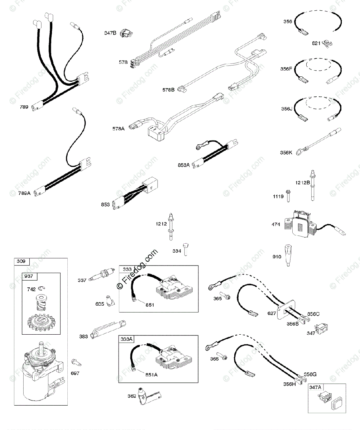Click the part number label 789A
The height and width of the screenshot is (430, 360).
(24, 193)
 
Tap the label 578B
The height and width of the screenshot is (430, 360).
(168, 90)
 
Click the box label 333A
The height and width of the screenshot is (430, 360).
(126, 339)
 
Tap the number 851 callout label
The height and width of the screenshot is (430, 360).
(149, 305)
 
